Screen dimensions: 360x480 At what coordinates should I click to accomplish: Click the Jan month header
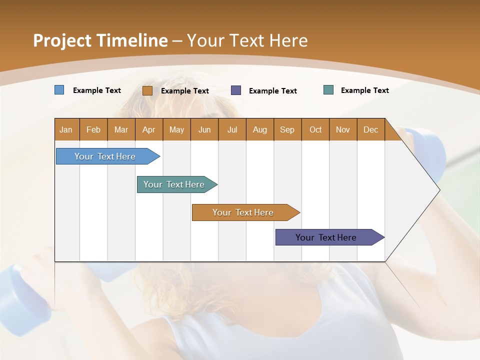pos(66,129)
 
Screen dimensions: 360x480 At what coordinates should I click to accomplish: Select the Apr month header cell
pos(149,129)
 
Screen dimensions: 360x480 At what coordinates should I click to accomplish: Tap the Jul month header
pos(232,129)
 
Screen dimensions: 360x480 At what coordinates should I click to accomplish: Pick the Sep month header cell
pos(287,129)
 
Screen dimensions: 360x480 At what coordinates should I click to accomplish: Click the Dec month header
pos(371,129)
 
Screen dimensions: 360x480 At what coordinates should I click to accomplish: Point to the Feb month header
pos(93,129)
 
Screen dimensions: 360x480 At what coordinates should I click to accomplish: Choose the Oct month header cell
pos(315,129)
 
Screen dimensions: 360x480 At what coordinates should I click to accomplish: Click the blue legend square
pos(59,90)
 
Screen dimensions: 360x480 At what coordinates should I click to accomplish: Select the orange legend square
pos(147,90)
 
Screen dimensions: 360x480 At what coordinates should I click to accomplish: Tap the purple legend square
pos(236,90)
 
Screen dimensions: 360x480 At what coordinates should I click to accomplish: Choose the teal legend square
pos(328,90)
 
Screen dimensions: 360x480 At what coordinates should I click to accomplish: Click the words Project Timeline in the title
pos(100,40)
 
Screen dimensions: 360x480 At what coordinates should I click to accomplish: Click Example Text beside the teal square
pos(364,90)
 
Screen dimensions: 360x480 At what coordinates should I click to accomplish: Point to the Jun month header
pos(204,129)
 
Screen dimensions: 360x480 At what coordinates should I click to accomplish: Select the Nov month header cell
pos(343,129)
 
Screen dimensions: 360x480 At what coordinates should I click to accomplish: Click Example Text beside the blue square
pos(97,90)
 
